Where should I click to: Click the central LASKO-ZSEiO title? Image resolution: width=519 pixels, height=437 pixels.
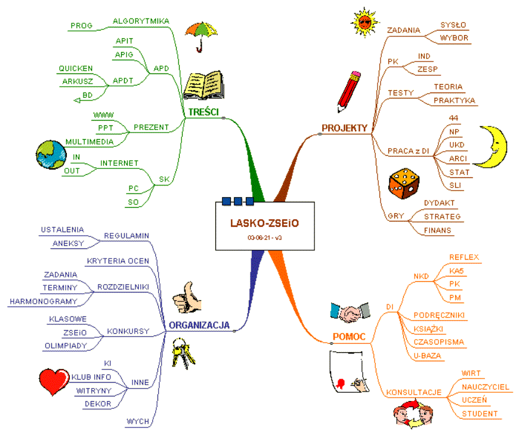pos(264,223)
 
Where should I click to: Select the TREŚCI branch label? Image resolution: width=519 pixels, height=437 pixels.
pos(203,112)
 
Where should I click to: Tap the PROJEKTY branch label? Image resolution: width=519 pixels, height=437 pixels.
pos(344,128)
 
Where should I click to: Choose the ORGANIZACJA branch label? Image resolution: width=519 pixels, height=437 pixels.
pos(199,325)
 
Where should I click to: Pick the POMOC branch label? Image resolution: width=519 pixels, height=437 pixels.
pos(348,337)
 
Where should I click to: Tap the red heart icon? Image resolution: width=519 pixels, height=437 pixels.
pos(54,381)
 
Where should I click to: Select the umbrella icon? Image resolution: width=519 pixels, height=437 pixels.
pos(200,34)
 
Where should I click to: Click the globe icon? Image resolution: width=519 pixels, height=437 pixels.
pos(51,155)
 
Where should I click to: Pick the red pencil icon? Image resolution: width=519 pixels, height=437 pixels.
pos(348,91)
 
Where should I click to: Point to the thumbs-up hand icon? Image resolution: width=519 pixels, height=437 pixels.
pos(186,297)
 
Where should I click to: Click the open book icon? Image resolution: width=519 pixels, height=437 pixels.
pos(203,85)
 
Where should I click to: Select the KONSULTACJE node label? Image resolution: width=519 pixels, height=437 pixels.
pos(413,393)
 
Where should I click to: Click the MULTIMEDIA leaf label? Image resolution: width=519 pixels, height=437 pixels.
pos(89,141)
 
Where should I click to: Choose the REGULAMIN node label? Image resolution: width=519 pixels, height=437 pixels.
pos(126,235)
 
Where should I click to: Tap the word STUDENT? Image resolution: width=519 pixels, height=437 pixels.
pos(480,414)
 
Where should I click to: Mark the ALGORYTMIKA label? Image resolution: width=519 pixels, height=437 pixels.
pos(141,21)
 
